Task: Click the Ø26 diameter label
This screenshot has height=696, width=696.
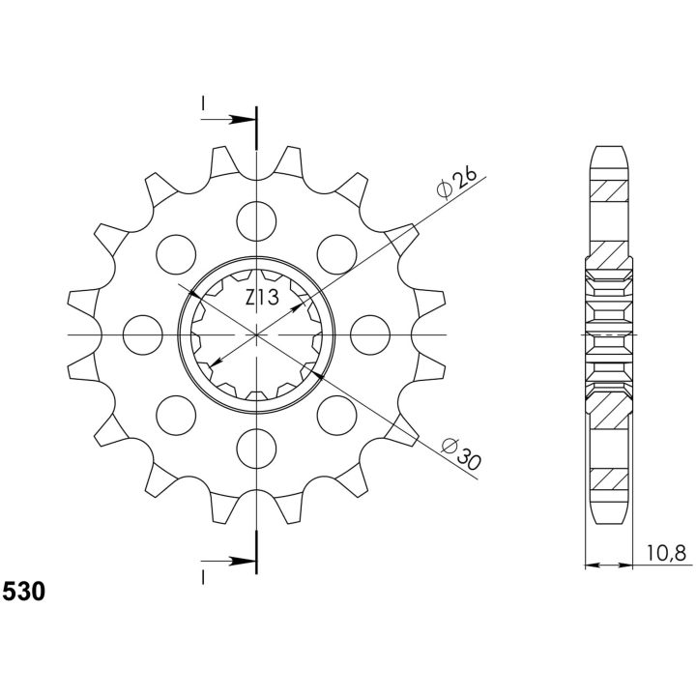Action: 456,183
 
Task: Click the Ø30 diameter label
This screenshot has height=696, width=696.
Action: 462,453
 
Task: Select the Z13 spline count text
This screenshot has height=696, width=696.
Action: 262,298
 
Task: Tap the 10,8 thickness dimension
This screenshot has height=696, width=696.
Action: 666,554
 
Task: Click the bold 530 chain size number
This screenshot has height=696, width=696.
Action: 24,592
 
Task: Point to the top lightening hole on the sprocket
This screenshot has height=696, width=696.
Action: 256,221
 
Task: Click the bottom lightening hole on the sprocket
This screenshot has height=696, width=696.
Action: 256,449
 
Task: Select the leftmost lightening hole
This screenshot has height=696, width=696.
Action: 142,334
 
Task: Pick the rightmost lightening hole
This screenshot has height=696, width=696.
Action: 370,334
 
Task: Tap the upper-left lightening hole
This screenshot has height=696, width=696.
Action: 176,254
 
